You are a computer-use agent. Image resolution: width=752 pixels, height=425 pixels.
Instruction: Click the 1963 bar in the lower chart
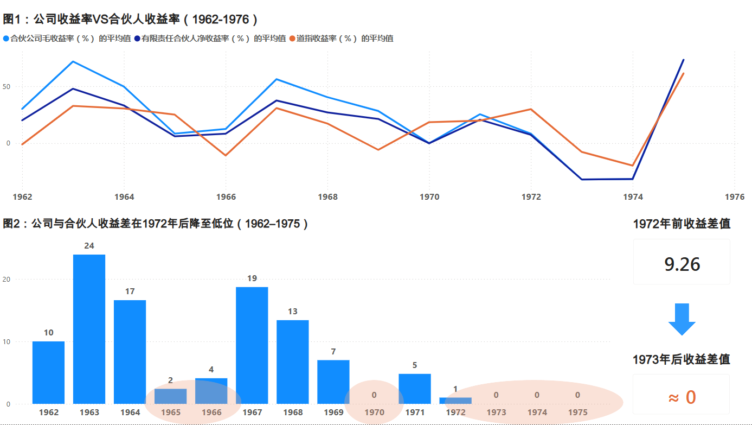click(89, 329)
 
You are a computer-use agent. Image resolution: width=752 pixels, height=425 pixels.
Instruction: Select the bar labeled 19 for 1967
click(252, 345)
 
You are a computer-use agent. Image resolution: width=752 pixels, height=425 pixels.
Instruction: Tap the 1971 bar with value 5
click(415, 389)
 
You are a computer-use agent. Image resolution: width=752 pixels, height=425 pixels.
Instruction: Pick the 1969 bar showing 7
click(333, 382)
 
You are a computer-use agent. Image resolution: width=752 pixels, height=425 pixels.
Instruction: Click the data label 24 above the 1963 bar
click(89, 246)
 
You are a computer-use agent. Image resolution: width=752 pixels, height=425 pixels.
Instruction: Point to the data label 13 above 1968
click(293, 312)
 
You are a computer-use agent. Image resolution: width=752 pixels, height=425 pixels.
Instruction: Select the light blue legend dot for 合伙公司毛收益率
click(6, 39)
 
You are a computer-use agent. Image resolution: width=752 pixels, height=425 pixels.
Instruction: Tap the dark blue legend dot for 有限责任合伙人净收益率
click(137, 39)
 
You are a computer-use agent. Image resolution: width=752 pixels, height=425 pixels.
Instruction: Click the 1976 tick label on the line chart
click(735, 196)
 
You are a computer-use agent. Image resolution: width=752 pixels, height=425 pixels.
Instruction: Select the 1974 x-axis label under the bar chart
click(537, 412)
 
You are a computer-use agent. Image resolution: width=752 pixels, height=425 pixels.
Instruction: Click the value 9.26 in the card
click(682, 264)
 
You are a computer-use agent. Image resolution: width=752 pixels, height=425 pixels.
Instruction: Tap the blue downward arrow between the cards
click(682, 319)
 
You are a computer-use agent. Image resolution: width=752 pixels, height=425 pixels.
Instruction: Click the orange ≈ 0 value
click(682, 397)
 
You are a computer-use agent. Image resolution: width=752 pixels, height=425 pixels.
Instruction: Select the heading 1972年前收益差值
click(682, 224)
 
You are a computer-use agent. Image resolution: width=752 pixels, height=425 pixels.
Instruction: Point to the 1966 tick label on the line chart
click(226, 196)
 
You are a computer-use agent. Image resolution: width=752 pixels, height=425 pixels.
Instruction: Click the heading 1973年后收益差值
click(681, 359)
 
